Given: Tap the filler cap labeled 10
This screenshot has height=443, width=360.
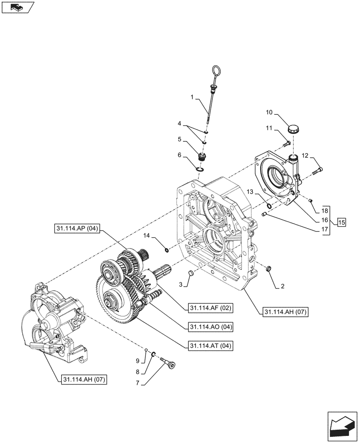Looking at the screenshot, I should click(293, 129).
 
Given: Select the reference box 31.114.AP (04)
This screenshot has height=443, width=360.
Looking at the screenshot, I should click(78, 229).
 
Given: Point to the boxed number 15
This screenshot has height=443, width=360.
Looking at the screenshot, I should click(340, 222).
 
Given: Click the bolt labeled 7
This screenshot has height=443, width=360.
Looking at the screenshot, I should click(168, 365).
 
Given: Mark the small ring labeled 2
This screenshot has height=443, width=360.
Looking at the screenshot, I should click(269, 268).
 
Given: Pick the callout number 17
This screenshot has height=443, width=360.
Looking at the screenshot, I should click(325, 230).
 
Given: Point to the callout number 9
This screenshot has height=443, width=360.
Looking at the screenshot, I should click(138, 360).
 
